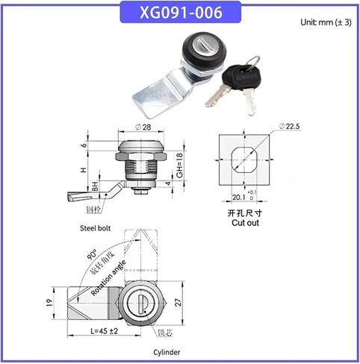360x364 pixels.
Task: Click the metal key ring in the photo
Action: point(252,61)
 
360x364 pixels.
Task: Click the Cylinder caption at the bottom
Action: point(165,352)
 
